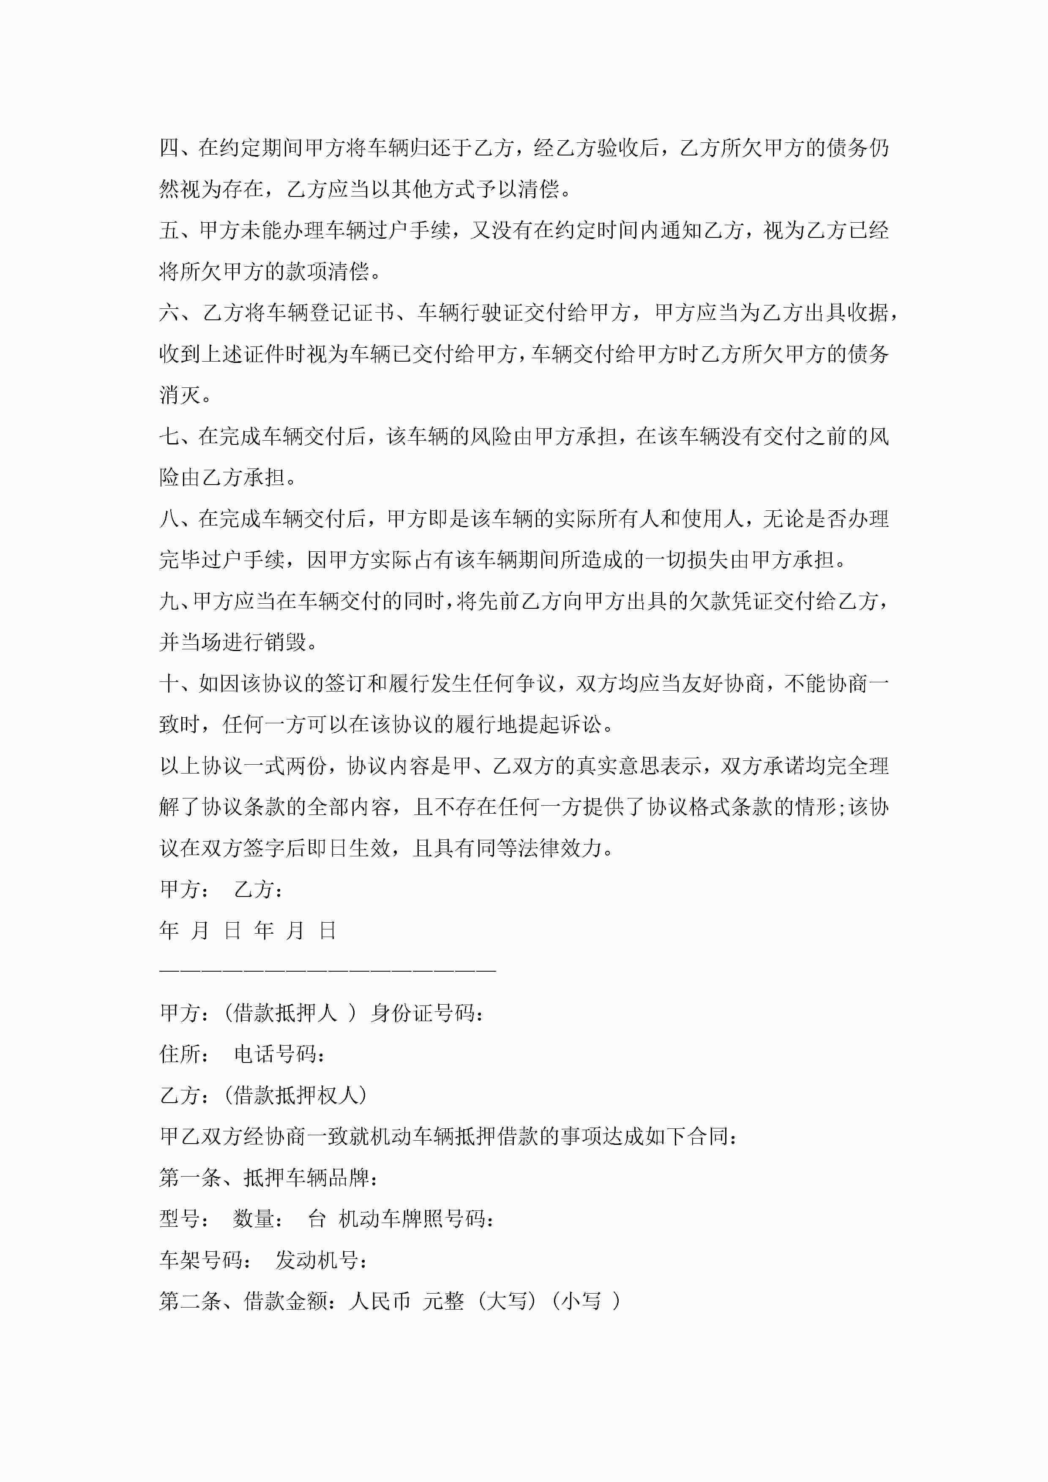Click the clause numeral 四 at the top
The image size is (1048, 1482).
pyautogui.click(x=170, y=148)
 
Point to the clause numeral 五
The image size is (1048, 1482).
pyautogui.click(x=170, y=230)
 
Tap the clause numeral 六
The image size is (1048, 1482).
pyautogui.click(x=170, y=313)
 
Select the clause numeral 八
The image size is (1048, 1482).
pyautogui.click(x=170, y=519)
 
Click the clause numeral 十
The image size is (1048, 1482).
pyautogui.click(x=170, y=684)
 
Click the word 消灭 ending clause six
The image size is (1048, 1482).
pyautogui.click(x=181, y=395)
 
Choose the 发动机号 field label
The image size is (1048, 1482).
pyautogui.click(x=317, y=1260)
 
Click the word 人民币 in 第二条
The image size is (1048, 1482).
pyautogui.click(x=379, y=1301)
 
